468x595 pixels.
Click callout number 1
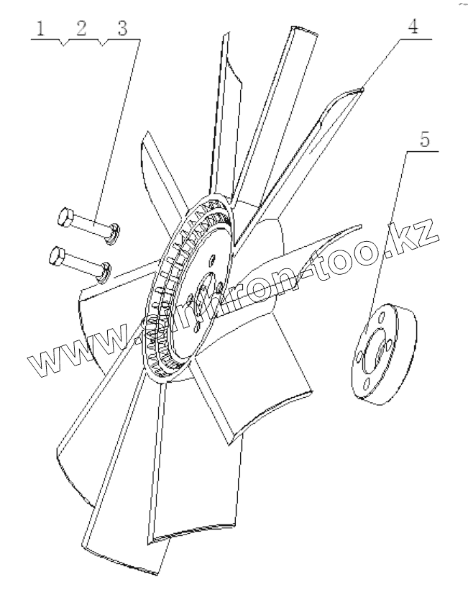pos(42,29)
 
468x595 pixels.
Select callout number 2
pos(81,29)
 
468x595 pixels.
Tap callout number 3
pos(122,29)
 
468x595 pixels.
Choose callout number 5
pos(426,139)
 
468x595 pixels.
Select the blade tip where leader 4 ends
pos(364,88)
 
